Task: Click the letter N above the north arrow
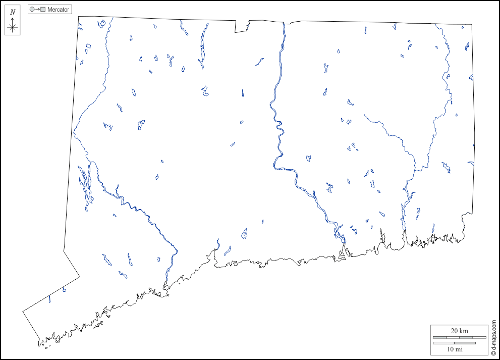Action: tap(13, 12)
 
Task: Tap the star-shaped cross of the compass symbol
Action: tap(13, 27)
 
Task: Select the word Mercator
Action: tap(59, 10)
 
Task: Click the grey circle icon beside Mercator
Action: tap(32, 10)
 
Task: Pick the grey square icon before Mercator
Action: tap(43, 10)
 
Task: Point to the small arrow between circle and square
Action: tap(37, 10)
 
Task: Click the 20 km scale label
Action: tap(459, 331)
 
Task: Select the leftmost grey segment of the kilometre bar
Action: tap(440, 337)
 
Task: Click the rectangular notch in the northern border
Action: tap(242, 27)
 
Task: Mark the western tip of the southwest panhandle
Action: tap(23, 311)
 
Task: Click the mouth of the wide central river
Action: tap(345, 252)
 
